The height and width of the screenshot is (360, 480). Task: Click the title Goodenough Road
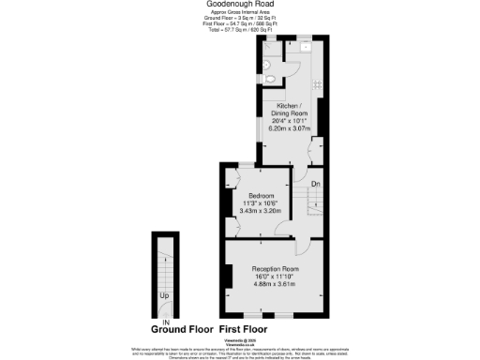239,5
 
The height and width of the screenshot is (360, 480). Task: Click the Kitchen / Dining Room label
290,110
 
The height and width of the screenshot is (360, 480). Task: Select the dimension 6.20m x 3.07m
290,127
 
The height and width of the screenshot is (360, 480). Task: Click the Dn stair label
316,184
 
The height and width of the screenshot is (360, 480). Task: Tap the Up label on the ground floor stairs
165,296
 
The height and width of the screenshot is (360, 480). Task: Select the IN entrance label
166,322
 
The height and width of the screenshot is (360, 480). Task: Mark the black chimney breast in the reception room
229,277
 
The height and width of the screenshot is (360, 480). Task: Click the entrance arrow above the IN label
166,316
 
